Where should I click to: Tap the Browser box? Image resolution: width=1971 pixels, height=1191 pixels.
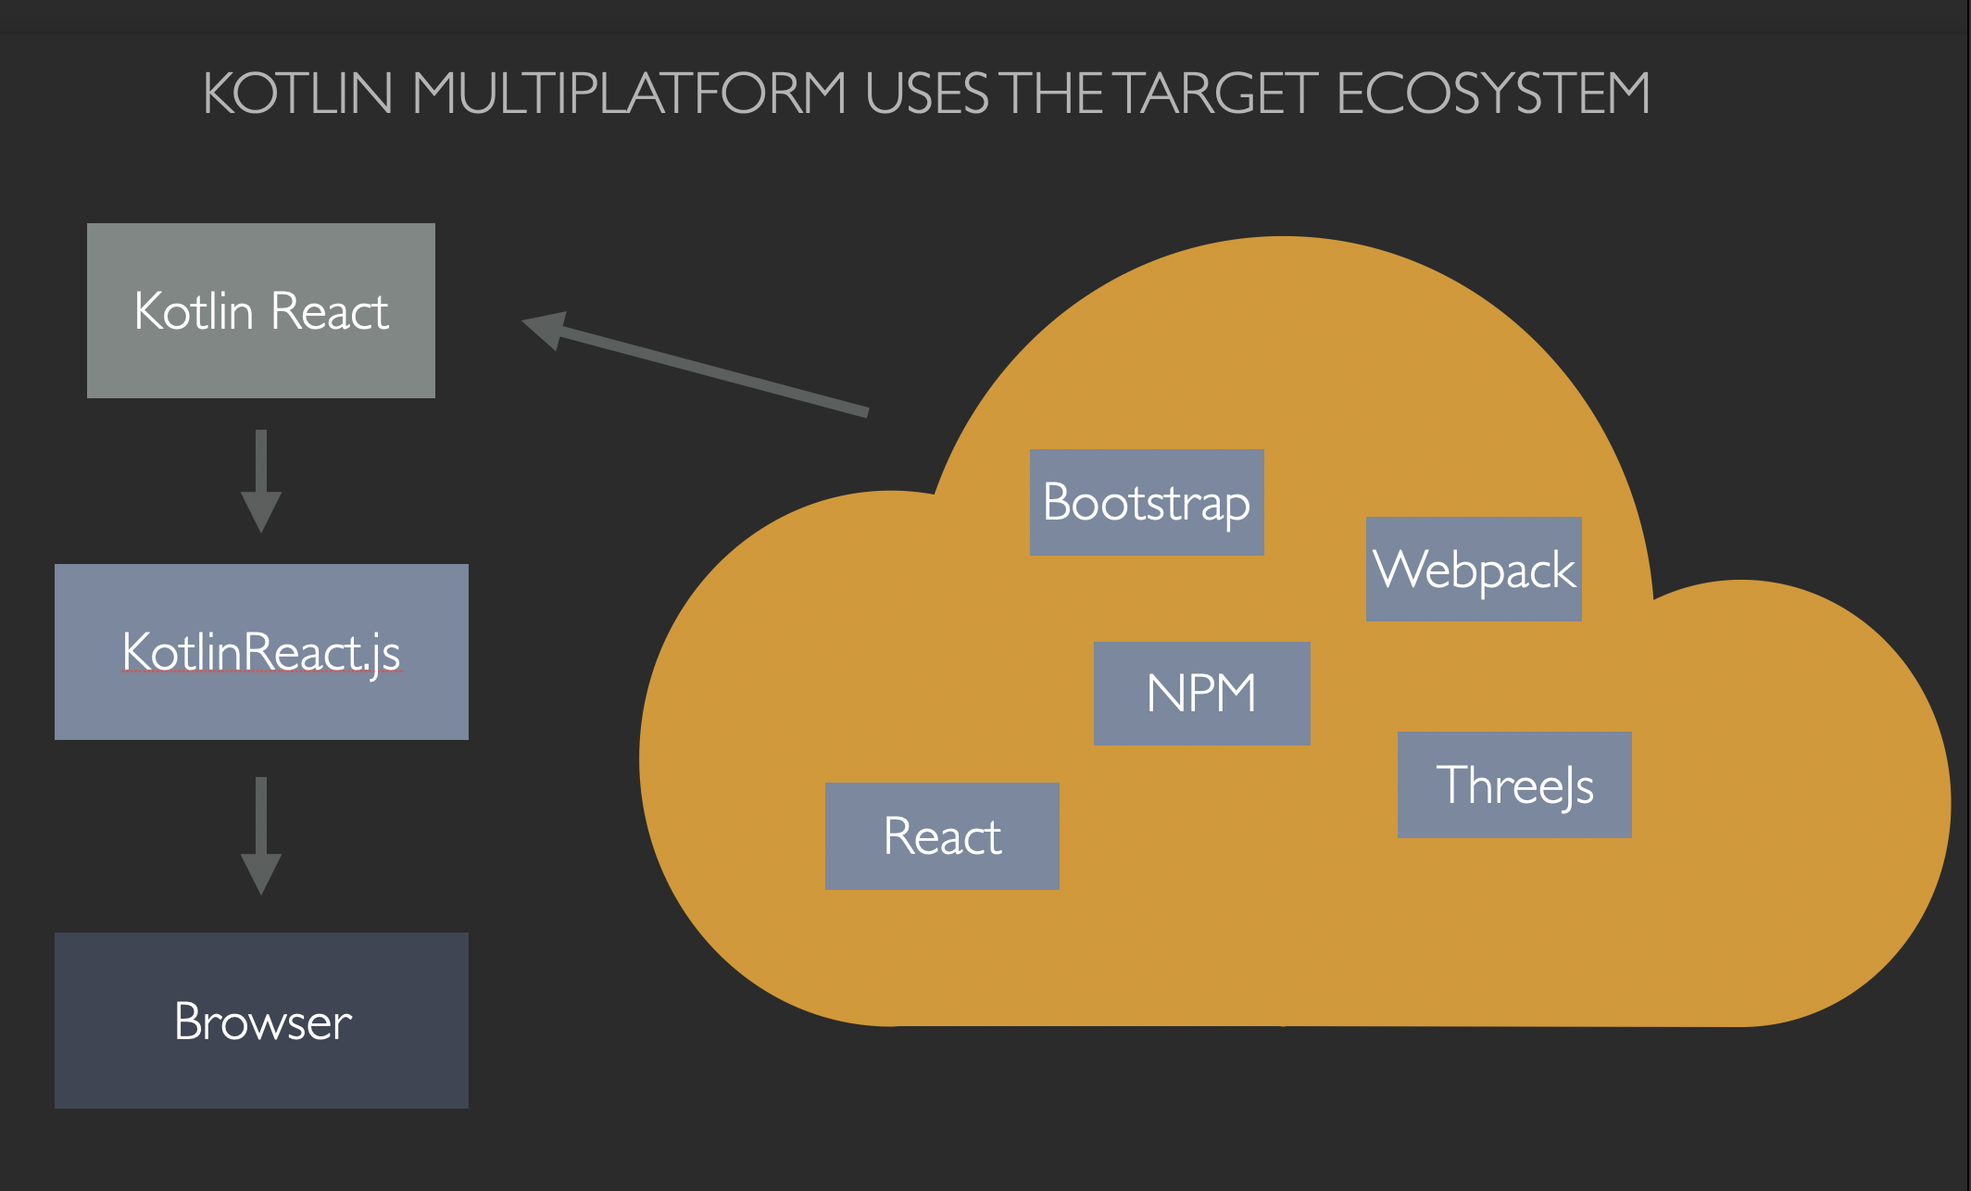[x=261, y=1020]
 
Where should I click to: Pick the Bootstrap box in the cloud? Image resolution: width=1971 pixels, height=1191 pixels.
[x=1147, y=502]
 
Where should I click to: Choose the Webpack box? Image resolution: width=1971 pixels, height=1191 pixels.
[x=1474, y=569]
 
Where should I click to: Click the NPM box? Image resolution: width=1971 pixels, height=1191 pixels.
[x=1201, y=694]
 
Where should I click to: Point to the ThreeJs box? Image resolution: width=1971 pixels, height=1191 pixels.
[x=1514, y=784]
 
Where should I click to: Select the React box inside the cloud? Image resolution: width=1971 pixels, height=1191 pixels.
[x=942, y=836]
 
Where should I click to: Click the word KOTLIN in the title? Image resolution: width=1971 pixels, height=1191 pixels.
[x=297, y=94]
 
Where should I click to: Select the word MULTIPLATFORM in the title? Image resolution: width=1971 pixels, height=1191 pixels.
[x=629, y=94]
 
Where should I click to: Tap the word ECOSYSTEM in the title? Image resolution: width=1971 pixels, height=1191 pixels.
[x=1492, y=94]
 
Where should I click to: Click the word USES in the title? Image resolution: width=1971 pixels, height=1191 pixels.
[x=927, y=94]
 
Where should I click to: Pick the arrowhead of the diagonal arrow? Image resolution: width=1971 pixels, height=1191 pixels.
[x=546, y=329]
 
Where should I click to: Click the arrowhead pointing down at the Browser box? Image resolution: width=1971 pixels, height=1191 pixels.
[x=261, y=872]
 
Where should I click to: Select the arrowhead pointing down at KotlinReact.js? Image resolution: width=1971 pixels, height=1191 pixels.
[x=261, y=510]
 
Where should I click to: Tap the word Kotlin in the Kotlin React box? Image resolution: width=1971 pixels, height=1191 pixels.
[x=194, y=311]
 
